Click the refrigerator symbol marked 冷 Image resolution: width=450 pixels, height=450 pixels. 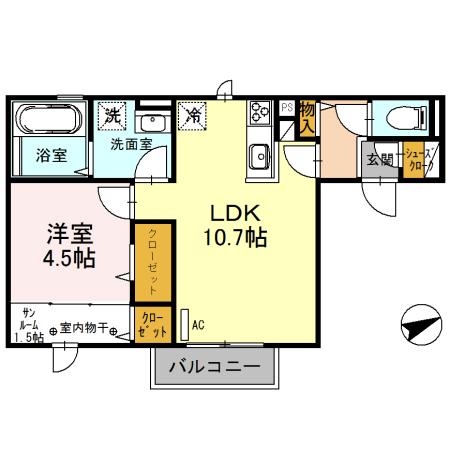point(192,115)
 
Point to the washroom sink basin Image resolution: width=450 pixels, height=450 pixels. point(152,122)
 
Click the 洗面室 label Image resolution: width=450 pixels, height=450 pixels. point(131,144)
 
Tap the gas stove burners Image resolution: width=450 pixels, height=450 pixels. point(258,113)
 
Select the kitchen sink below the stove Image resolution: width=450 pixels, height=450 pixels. point(258,155)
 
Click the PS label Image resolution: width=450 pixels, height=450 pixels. point(285,107)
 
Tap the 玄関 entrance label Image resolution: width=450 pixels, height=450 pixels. point(380,158)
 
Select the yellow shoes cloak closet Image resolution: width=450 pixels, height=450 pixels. point(415,159)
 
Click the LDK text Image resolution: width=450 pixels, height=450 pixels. point(233,213)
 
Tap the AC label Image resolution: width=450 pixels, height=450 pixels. point(198,324)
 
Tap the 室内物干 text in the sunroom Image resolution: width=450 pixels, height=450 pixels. point(84,327)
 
